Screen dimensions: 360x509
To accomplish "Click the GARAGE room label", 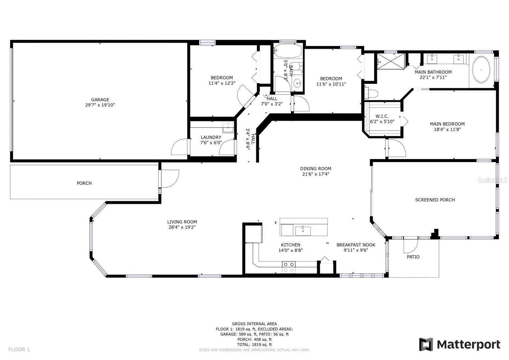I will coord(100,99).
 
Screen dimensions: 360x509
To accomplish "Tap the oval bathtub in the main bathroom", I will coord(481,70).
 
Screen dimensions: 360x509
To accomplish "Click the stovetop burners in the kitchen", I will coord(288,267).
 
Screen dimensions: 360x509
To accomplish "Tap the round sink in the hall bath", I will coord(297,83).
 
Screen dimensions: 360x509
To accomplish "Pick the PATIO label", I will coord(413,257).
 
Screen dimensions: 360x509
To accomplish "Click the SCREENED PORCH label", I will coord(435,200).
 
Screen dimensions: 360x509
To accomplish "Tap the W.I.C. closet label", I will coord(382,116).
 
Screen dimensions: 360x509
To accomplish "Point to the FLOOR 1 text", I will coord(19,349).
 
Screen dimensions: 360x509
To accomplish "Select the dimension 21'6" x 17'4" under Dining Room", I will coord(315,174).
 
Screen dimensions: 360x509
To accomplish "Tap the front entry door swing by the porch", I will coord(170,178).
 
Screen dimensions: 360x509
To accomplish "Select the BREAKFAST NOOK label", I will coord(356,245).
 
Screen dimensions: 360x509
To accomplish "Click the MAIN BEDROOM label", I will coord(447,124).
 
